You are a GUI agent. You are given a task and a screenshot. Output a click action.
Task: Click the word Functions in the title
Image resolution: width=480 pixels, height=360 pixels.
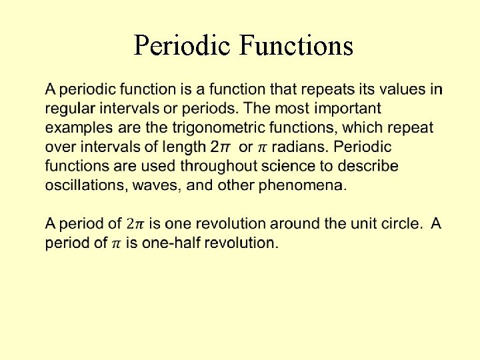click(295, 45)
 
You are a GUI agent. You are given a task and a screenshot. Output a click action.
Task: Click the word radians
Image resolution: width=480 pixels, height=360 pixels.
click(304, 146)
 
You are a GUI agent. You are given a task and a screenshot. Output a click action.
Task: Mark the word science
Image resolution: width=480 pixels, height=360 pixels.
click(305, 165)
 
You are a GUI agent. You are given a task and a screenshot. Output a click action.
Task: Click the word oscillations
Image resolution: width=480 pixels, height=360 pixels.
click(84, 185)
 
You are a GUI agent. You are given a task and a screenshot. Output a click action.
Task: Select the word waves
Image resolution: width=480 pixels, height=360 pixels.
click(156, 185)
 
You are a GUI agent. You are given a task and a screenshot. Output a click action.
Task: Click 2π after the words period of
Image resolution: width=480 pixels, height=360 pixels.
click(135, 224)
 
